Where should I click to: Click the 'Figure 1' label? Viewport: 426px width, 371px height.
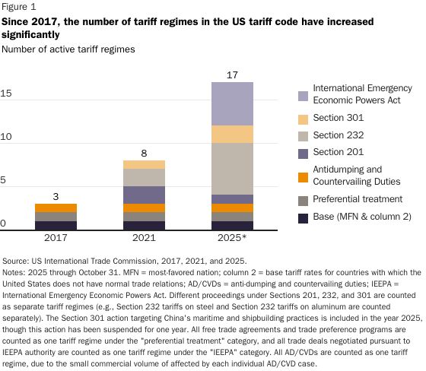19,7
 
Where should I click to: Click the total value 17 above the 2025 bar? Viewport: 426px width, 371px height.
231,75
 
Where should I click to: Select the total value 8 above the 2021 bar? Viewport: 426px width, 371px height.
143,153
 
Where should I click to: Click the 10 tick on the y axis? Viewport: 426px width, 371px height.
7,137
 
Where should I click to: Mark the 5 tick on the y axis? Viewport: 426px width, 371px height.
5,181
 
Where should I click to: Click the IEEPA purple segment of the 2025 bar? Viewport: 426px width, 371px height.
231,103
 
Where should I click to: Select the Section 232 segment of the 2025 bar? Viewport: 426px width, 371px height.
231,169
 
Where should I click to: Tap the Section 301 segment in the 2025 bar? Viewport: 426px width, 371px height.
231,134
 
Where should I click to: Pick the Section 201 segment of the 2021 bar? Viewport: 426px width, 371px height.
143,195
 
